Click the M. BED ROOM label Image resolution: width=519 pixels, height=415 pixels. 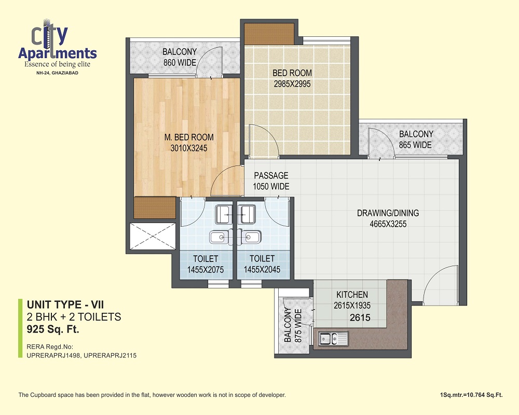point(189,137)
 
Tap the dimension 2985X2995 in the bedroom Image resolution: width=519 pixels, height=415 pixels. point(292,84)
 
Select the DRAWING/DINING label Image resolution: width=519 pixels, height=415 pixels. point(388,213)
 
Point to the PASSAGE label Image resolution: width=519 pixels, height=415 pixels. point(271,175)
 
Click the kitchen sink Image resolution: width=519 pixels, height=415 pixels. point(333,339)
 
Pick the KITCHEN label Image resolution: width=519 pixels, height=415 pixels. point(352,295)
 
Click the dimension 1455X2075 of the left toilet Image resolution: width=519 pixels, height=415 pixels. point(206,270)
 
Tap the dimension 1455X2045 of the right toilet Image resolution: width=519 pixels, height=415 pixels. point(262,269)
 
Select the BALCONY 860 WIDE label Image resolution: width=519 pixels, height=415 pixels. point(180,57)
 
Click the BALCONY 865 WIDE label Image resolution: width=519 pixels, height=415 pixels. point(416,140)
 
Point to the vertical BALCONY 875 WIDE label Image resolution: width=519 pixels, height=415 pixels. point(293,325)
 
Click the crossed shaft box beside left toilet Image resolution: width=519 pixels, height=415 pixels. point(153,237)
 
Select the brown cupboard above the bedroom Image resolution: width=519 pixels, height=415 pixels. point(269,34)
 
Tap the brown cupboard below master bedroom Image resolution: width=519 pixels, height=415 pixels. point(155,208)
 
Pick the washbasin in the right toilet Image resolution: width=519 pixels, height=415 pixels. point(250,237)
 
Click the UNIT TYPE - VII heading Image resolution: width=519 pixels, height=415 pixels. point(65,305)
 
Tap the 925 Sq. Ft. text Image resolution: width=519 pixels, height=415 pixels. point(53,329)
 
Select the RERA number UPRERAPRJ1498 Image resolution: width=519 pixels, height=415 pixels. point(53,355)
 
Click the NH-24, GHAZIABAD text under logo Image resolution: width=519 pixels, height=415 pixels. point(57,73)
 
